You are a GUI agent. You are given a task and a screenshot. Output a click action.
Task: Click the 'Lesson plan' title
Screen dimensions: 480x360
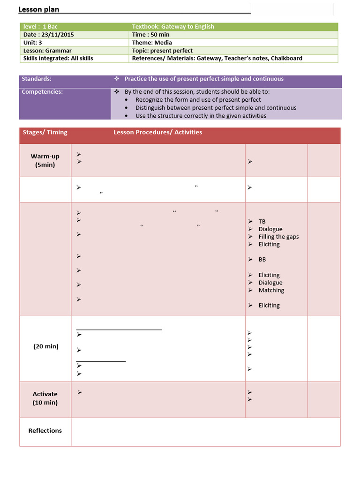click(38, 9)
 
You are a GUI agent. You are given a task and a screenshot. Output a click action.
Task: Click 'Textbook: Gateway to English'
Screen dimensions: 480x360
click(173, 27)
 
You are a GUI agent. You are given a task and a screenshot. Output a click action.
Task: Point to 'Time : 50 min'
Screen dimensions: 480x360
click(150, 35)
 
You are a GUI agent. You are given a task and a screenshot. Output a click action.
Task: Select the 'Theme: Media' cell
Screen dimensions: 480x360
click(152, 43)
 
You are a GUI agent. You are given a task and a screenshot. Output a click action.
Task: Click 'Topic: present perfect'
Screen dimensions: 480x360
click(162, 51)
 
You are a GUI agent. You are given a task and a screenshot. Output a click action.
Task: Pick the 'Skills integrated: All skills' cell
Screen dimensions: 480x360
click(58, 59)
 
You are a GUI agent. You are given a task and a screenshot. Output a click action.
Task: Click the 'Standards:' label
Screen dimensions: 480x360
click(37, 79)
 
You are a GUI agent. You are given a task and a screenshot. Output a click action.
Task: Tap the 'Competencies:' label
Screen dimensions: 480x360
click(42, 92)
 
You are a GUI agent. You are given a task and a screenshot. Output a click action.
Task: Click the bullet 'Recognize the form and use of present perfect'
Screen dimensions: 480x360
click(198, 100)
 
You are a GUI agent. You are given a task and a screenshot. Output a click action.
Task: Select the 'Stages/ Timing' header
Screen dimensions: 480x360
click(45, 132)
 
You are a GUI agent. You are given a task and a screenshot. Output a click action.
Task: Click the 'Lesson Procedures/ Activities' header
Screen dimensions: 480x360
click(157, 132)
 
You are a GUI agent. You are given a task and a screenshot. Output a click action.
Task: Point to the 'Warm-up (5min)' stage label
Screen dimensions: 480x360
click(45, 160)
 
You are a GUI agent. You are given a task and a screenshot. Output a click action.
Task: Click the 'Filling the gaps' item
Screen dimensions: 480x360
click(278, 237)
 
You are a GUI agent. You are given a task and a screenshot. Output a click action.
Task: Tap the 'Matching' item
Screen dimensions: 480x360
click(271, 290)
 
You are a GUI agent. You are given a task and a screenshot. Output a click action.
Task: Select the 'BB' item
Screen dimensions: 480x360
click(262, 259)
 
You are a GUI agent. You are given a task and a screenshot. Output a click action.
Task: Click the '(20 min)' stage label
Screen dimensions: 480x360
click(45, 346)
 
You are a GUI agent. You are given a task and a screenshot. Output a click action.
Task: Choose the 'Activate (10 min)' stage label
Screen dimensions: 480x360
click(45, 398)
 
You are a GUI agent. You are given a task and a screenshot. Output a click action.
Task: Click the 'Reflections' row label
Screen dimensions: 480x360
click(45, 431)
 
